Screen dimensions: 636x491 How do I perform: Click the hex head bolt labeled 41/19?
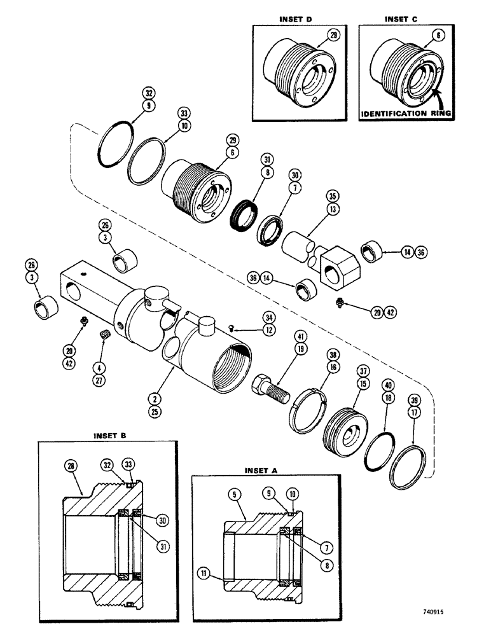click(270, 385)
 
